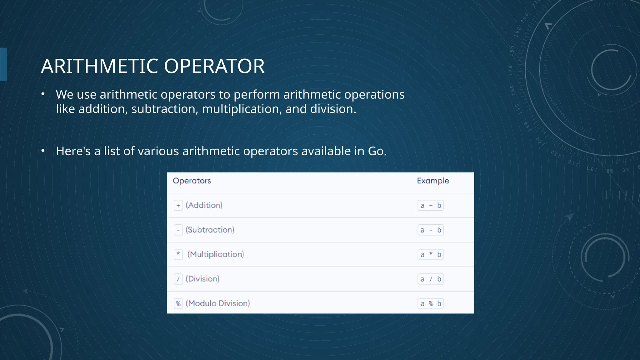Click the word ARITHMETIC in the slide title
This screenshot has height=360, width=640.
tap(99, 66)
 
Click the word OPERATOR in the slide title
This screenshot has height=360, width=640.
tap(214, 66)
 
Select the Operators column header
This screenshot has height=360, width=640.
tap(192, 181)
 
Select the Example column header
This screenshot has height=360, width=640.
tap(433, 181)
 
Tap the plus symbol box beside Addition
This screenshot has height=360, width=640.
tap(178, 206)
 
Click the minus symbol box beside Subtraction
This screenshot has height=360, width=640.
tap(178, 230)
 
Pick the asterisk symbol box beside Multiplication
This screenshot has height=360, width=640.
tap(178, 254)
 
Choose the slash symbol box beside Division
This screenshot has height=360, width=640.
tap(178, 279)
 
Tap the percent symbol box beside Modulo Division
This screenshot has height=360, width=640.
tap(178, 303)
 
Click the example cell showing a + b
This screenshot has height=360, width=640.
tap(430, 206)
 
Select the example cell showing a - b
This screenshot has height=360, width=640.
tap(430, 230)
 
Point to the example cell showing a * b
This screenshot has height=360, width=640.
tap(430, 255)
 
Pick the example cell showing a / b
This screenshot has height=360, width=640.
tap(430, 279)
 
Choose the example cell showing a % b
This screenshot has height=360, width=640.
tap(430, 304)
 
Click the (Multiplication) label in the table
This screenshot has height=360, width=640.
tap(216, 254)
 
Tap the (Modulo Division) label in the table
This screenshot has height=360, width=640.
tap(218, 303)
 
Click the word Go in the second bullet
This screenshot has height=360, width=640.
tap(376, 151)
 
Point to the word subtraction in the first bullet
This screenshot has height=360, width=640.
tap(165, 109)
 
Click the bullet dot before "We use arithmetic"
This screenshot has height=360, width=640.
tap(43, 94)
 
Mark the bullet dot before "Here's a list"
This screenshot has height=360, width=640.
tap(43, 151)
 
